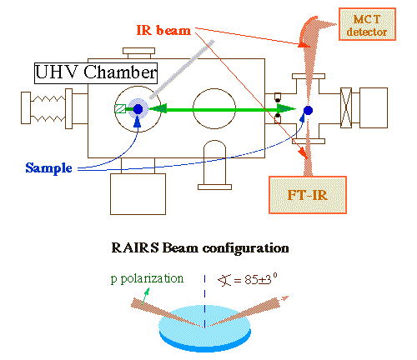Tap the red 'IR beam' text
point(163,31)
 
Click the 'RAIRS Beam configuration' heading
point(199,247)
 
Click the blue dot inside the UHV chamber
point(138,108)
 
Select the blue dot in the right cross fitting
point(308,110)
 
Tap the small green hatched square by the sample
point(121,108)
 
